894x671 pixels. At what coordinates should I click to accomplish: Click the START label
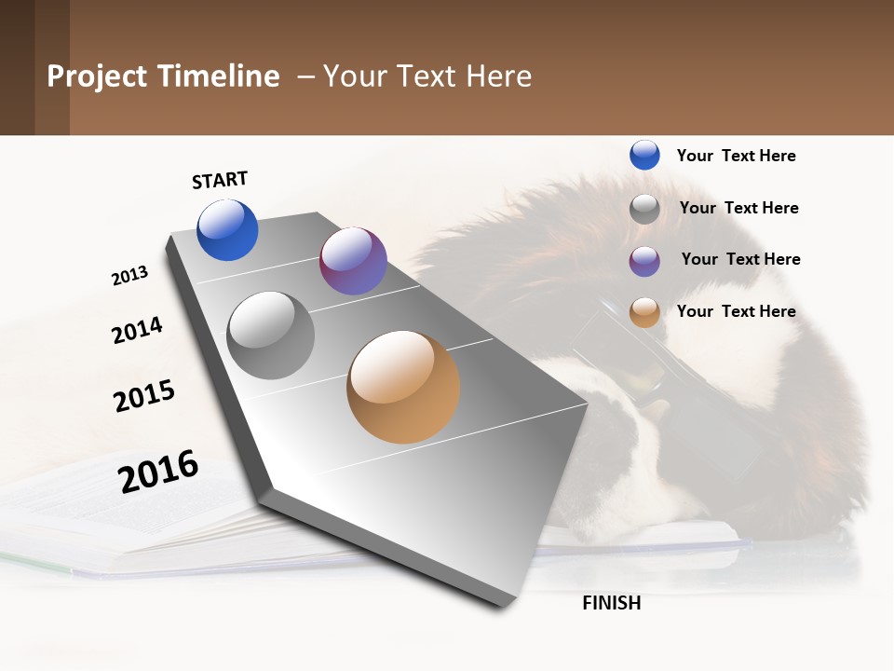[x=220, y=180]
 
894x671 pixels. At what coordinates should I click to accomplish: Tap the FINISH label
[x=611, y=603]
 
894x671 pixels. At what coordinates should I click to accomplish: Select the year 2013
[x=129, y=276]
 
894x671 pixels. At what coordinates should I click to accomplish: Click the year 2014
[x=137, y=330]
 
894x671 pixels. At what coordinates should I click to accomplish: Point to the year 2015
[x=144, y=396]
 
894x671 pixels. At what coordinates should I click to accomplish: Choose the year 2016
[x=158, y=472]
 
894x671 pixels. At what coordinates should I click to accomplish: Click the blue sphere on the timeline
[x=227, y=230]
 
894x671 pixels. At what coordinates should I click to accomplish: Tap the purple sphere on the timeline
[x=353, y=261]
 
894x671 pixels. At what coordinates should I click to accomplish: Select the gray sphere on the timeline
[x=271, y=335]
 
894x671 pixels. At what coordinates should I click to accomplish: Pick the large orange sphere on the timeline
[x=403, y=387]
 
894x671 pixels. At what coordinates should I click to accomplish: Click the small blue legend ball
[x=644, y=155]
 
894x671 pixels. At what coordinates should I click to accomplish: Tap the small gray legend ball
[x=644, y=209]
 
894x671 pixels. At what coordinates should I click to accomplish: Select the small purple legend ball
[x=644, y=261]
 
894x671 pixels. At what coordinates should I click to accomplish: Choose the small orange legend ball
[x=644, y=312]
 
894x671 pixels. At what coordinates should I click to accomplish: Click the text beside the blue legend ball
[x=736, y=156]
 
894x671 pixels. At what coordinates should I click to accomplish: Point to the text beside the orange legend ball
[x=736, y=311]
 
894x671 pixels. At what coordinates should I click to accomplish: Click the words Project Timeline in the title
[x=163, y=76]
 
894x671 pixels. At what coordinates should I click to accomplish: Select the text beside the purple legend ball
[x=740, y=259]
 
